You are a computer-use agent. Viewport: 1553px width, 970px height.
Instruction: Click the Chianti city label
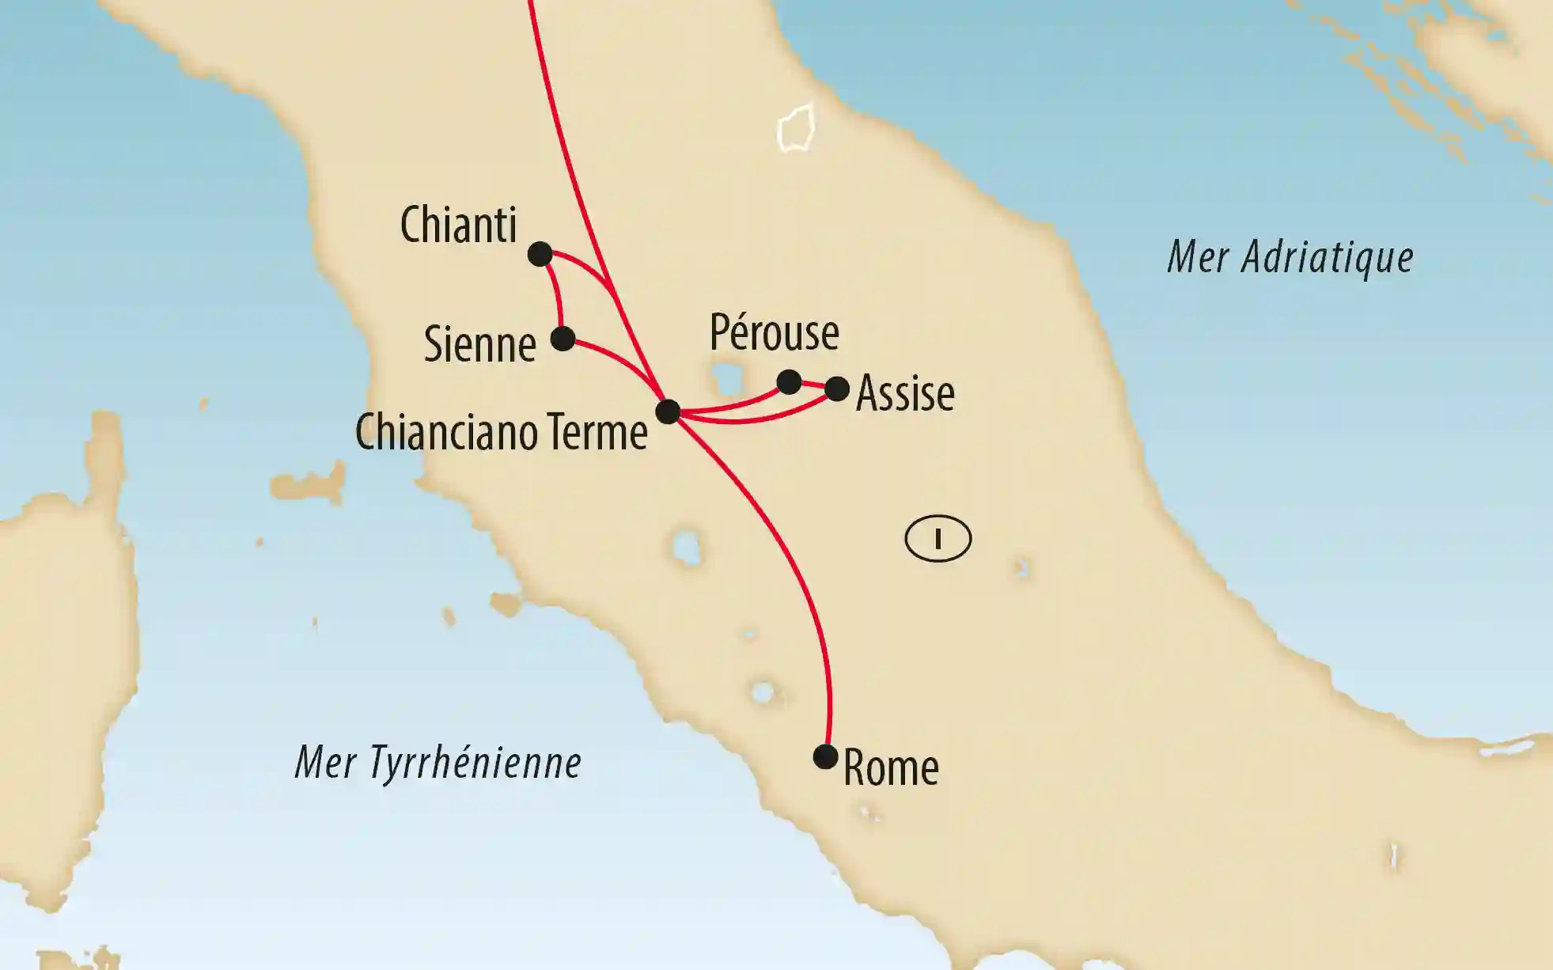point(458,225)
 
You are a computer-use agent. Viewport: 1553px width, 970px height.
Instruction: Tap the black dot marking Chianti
point(540,254)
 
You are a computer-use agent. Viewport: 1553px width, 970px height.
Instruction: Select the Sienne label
point(479,344)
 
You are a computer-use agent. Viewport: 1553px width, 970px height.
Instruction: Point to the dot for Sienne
point(562,339)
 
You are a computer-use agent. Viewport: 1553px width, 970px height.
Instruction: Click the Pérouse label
point(774,332)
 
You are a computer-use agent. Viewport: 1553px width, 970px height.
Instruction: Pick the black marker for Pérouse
point(789,382)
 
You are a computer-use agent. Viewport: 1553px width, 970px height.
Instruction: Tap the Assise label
point(905,393)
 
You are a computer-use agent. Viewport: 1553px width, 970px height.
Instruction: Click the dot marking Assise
point(837,388)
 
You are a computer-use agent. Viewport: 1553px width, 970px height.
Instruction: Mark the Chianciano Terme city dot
point(668,411)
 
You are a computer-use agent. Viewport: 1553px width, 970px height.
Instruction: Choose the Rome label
point(891,768)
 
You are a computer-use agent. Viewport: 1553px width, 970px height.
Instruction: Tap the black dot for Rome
point(825,757)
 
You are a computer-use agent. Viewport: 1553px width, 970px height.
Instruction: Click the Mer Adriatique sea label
point(1290,258)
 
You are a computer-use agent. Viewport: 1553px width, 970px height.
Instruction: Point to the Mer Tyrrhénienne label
point(437,763)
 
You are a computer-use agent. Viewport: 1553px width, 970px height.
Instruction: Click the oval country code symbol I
point(937,539)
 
